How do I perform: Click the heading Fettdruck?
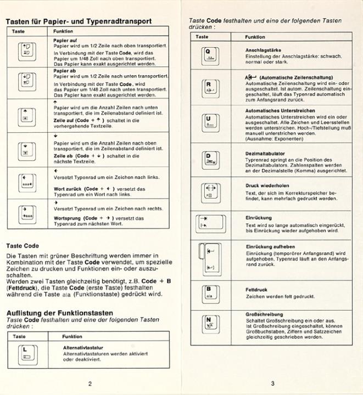(256, 289)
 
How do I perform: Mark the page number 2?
(91, 383)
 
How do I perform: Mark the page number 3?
(273, 383)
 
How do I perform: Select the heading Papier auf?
(64, 40)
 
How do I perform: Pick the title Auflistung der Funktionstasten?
(63, 313)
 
